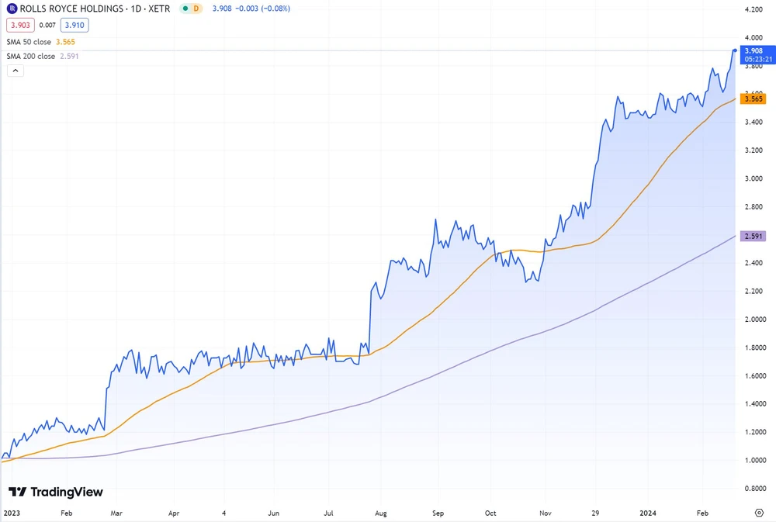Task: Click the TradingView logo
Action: click(x=55, y=492)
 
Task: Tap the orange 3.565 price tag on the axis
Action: click(x=753, y=99)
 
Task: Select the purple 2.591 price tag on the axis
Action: click(x=753, y=235)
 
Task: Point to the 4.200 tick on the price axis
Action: click(x=753, y=9)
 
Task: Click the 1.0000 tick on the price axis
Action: click(x=753, y=461)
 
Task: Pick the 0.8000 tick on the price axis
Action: click(x=753, y=489)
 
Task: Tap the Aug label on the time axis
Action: click(x=380, y=513)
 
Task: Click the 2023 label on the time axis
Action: click(x=12, y=513)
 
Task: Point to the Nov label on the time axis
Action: click(x=545, y=513)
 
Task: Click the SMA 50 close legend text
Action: click(x=30, y=41)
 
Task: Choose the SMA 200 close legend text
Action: click(x=32, y=56)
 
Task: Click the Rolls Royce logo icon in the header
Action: click(x=12, y=9)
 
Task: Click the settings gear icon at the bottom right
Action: click(x=759, y=513)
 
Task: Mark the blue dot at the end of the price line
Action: click(x=734, y=50)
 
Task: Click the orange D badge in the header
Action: click(x=196, y=9)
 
